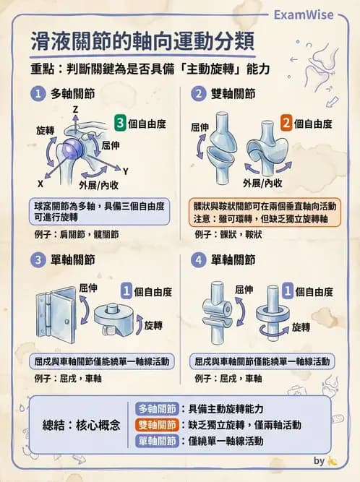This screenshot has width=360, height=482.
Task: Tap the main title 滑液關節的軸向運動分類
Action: [142, 41]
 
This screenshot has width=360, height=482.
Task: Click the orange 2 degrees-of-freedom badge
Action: [286, 124]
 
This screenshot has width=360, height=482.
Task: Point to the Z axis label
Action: [75, 108]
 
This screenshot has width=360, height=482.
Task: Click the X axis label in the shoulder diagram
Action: [40, 184]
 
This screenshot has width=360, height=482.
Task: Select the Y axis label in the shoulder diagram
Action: [125, 171]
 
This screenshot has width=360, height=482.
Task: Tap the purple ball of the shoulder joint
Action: [71, 150]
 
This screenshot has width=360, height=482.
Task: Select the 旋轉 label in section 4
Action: [301, 327]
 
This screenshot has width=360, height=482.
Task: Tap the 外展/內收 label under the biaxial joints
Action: [262, 182]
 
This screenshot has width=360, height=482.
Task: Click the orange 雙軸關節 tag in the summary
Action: [157, 424]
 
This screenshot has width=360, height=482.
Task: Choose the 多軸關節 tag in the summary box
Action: [157, 408]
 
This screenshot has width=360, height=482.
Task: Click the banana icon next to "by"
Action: [333, 460]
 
